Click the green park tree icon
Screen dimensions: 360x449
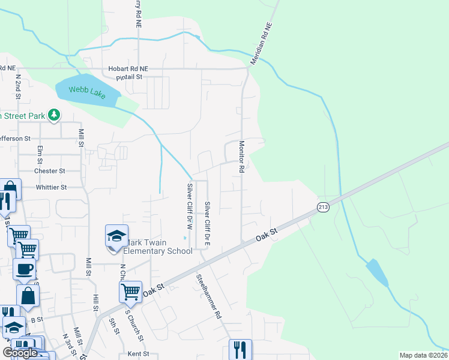tap(54, 114)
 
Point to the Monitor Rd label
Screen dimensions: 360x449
tap(241, 157)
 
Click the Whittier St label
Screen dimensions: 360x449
tap(50, 187)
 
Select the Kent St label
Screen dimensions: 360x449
tap(138, 354)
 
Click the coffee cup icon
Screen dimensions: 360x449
tap(24, 269)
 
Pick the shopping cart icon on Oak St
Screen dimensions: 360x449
tap(130, 292)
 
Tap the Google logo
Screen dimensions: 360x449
tap(20, 353)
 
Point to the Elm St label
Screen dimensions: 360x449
tap(40, 154)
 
